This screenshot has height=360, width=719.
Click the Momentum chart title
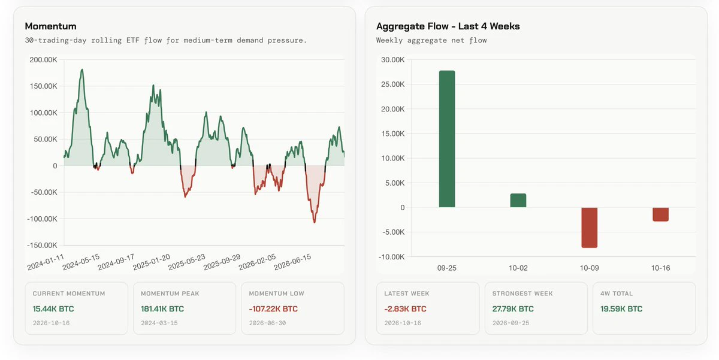coord(51,26)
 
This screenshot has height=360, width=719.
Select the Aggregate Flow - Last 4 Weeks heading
coord(448,26)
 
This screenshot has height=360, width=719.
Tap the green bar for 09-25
coord(447,139)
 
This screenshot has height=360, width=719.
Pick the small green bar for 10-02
coord(518,201)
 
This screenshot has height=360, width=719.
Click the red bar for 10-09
coord(590,228)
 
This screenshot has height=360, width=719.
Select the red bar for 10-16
coord(660,214)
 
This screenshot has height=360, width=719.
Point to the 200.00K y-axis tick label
coord(43,60)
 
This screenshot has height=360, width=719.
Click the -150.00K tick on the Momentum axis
coord(42,246)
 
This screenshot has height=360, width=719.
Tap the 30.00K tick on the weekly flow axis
coord(393,60)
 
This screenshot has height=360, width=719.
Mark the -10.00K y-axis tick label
coord(392,257)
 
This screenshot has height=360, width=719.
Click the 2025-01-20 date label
coord(151,262)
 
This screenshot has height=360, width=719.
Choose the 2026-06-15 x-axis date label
coord(292,262)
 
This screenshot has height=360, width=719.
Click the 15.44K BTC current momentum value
coord(53,308)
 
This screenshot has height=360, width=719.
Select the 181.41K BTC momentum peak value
coord(162,308)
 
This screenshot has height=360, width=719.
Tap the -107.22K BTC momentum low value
coord(273,308)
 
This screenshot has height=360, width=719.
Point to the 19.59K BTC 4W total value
coord(621,308)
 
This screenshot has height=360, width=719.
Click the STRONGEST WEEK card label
coord(522,294)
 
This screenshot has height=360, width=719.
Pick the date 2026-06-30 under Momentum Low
coord(267,323)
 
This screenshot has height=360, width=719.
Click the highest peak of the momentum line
coord(82,69)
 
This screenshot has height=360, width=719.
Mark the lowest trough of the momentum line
coord(315,222)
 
